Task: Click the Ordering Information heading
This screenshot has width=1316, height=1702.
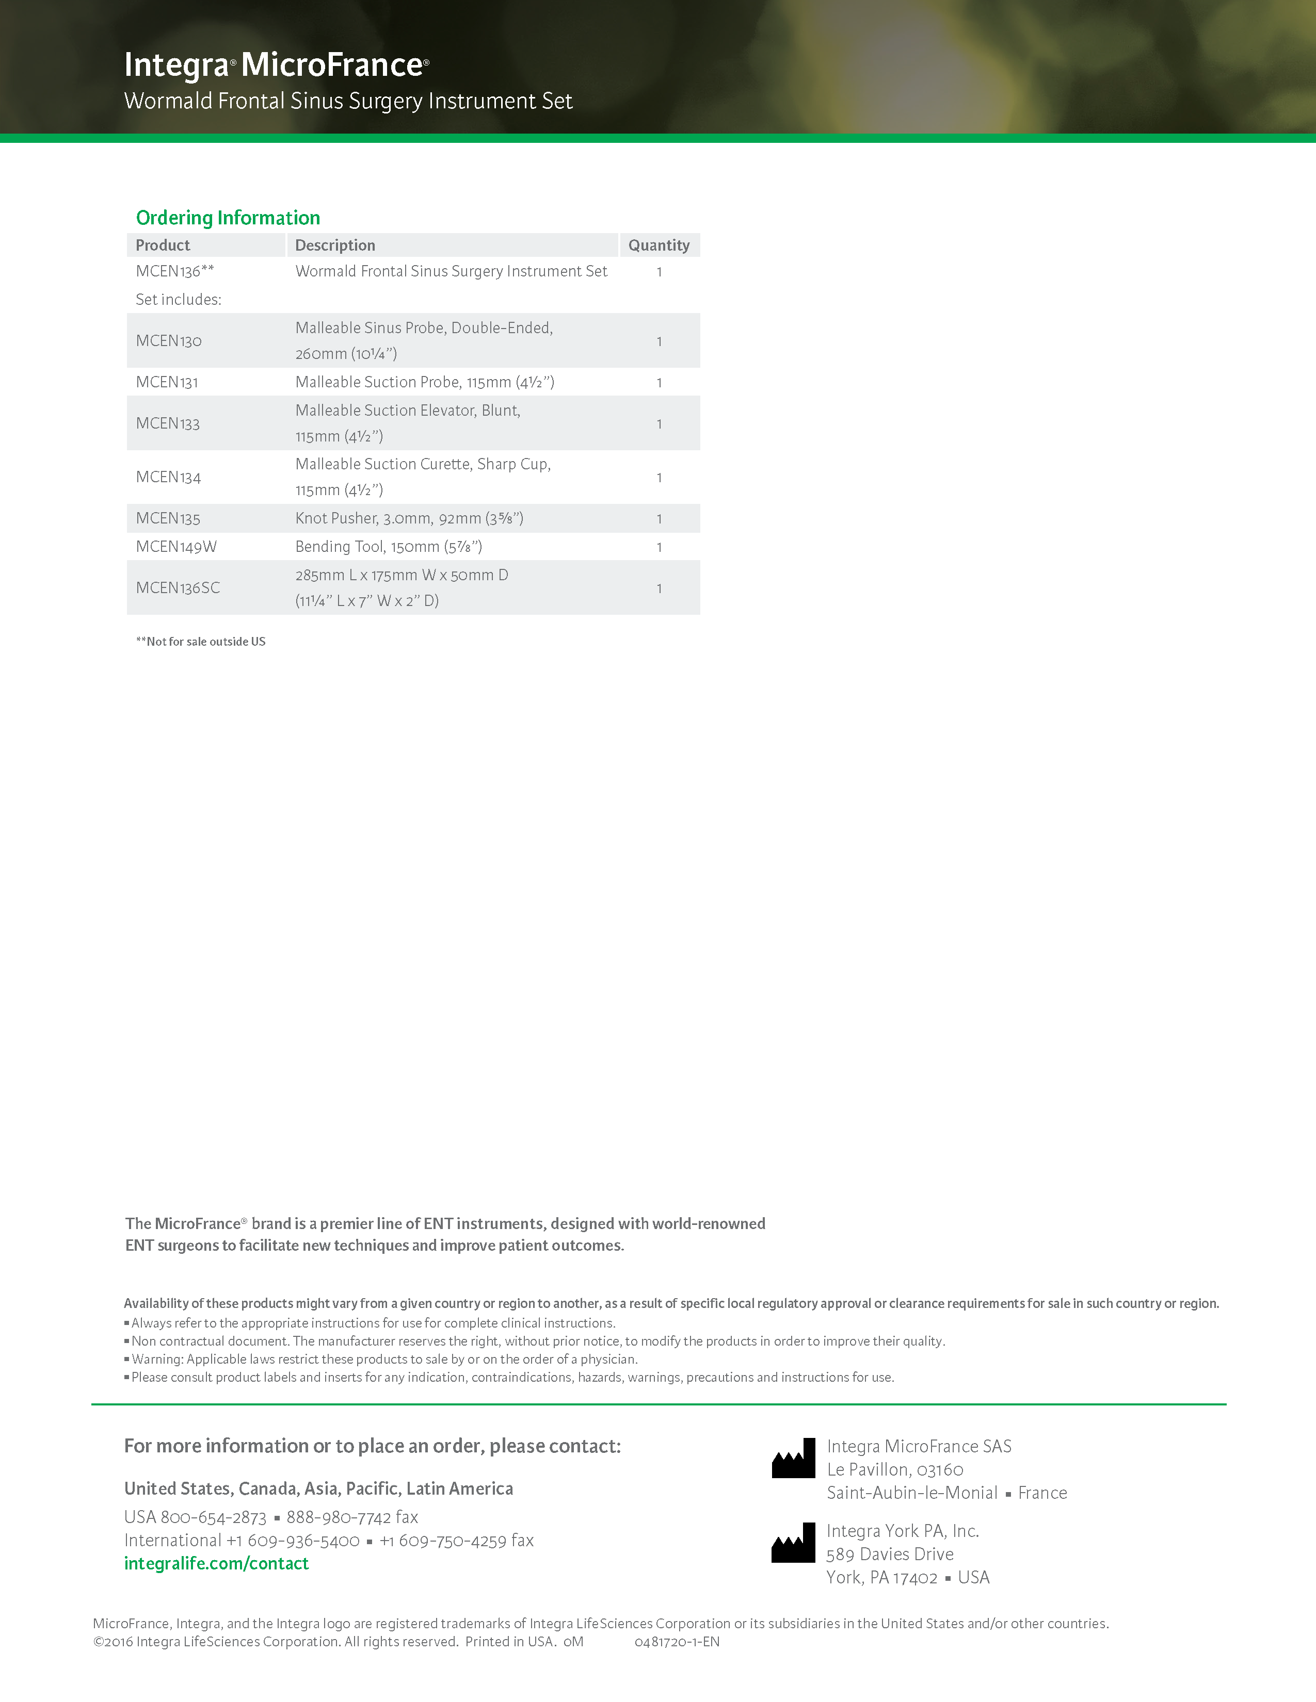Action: [228, 218]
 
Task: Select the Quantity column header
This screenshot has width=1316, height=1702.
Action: [659, 246]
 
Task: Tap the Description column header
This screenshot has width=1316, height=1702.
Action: [335, 246]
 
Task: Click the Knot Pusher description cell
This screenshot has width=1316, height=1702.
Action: [409, 519]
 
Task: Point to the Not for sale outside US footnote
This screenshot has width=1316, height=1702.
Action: [201, 642]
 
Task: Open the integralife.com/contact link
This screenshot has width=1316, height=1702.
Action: [217, 1563]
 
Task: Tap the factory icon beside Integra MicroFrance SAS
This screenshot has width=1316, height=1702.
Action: [793, 1458]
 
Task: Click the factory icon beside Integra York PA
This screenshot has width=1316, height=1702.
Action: [793, 1543]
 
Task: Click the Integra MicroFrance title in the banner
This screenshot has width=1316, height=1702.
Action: [277, 64]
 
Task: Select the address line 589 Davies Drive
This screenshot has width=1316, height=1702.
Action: [890, 1554]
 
